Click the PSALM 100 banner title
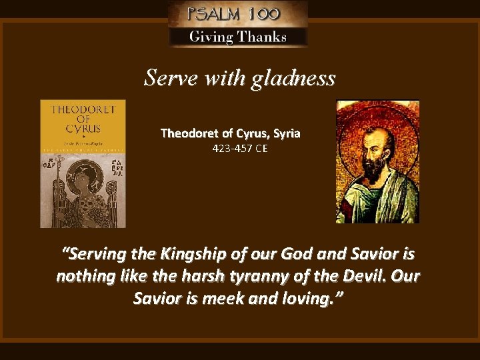tap(238, 13)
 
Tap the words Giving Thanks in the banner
tap(238, 37)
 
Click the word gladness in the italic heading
tap(293, 79)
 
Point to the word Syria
tap(285, 133)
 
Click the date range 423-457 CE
tap(240, 149)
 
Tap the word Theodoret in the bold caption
tap(187, 133)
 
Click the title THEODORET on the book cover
tap(83, 109)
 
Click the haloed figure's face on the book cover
tap(85, 178)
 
